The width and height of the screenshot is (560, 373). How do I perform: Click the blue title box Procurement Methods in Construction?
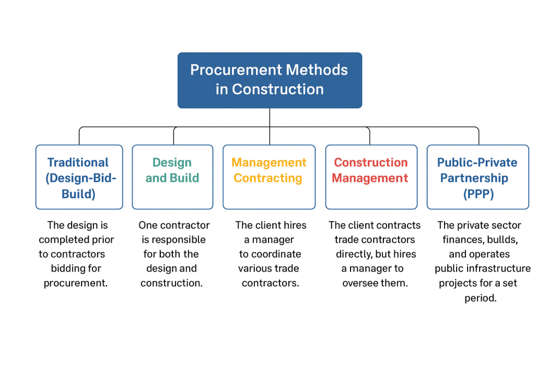coord(270,80)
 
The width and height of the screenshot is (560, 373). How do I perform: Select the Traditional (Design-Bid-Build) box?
coord(79,177)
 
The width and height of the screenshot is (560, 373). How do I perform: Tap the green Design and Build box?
coord(172,177)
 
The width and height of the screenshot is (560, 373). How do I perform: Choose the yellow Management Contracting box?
coord(269,177)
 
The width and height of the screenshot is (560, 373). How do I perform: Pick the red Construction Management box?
coord(371,177)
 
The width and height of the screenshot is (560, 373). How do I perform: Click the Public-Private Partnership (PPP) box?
coord(477,177)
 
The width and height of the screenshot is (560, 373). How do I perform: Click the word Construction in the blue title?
coord(278,89)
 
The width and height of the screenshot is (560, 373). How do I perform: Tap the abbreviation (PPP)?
coord(477,194)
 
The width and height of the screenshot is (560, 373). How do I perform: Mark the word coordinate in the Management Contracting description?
coord(277,254)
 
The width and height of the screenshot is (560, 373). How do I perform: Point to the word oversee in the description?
coord(361,283)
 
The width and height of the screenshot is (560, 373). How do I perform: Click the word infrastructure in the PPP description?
coord(500,268)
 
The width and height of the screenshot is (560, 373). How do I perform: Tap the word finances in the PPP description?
coord(465,240)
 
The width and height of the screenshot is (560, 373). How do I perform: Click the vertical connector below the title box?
coord(270,117)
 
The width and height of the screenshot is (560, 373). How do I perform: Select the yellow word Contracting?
coord(268,178)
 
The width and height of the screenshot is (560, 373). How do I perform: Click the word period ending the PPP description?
coord(480,298)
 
